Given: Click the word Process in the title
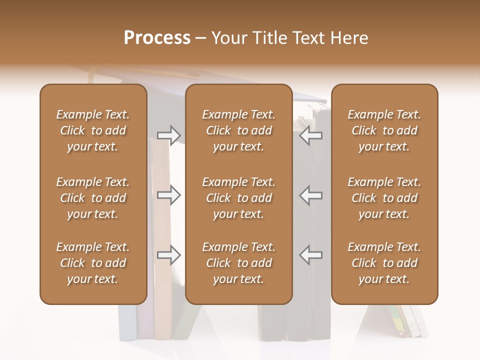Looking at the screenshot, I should coord(157,37).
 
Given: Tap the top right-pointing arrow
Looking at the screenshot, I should coord(168,135).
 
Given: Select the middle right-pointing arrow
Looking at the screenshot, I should coord(168,195).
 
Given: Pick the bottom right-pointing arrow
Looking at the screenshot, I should coord(168,255).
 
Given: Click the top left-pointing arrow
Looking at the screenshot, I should coord(311,135).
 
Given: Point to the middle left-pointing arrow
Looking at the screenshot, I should coord(311,195).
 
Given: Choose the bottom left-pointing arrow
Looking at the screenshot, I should coord(311,255).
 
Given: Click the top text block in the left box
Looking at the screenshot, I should coord(93,130).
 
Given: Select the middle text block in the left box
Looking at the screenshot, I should coord(93,198).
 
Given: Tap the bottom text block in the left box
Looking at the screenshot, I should coord(93,263).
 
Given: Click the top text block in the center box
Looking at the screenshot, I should coord(238,130).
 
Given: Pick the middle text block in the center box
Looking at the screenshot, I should coord(238,198).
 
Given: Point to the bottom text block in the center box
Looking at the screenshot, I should coord(238,263).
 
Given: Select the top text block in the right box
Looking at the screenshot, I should coord(384,130).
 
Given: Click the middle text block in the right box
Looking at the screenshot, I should coord(384,198).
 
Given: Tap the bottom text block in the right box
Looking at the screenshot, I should coord(384,263).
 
